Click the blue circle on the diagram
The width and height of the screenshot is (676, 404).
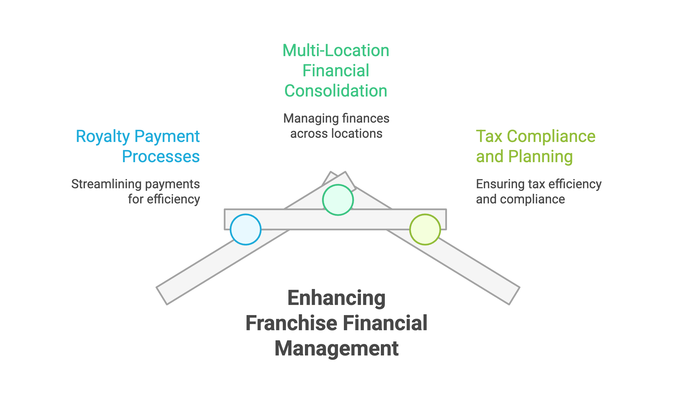(246, 229)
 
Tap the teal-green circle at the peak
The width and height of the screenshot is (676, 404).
(338, 200)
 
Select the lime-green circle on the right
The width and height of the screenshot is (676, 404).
(425, 229)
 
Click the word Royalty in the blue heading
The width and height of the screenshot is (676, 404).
(103, 137)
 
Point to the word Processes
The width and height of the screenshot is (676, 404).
(161, 157)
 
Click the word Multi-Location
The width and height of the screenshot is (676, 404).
(336, 50)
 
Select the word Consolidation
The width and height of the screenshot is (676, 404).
(336, 91)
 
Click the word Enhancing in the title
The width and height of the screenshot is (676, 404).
(336, 298)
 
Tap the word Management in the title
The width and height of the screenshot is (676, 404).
(336, 348)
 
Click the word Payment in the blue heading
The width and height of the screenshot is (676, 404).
(167, 137)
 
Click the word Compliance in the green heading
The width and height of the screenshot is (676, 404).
(551, 137)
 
